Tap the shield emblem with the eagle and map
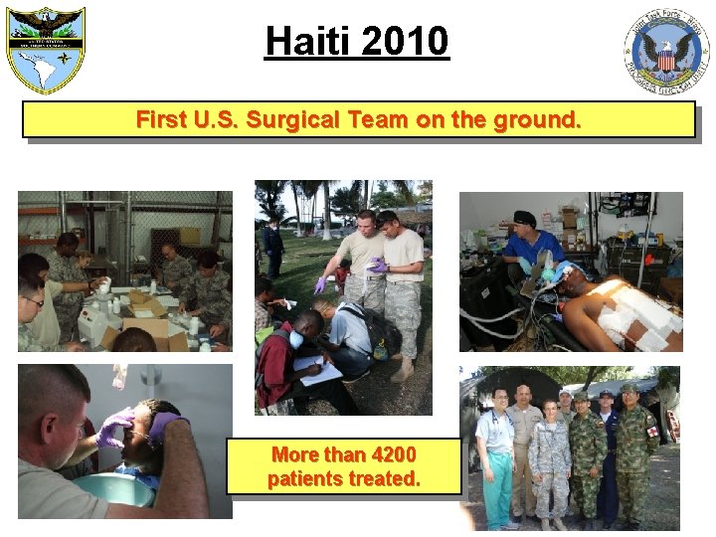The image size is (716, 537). pyautogui.click(x=46, y=47)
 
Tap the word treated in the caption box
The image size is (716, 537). pyautogui.click(x=389, y=478)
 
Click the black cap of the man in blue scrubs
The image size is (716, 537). pyautogui.click(x=524, y=218)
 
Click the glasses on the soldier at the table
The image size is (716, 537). pyautogui.click(x=34, y=301)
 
